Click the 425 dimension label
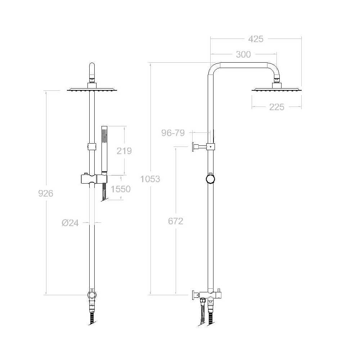pos(256,39)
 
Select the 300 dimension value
pos(243,54)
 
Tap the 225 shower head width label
pos(276,107)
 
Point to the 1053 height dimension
pos(150,179)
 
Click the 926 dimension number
pos(46,193)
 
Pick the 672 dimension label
pos(176,221)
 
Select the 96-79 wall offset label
pos(173,133)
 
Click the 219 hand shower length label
pos(124,151)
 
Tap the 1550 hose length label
pos(121,189)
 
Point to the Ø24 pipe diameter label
pos(70,223)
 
